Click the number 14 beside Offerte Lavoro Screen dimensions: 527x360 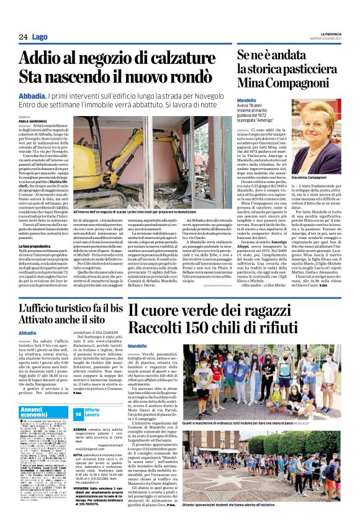[x=78, y=413]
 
